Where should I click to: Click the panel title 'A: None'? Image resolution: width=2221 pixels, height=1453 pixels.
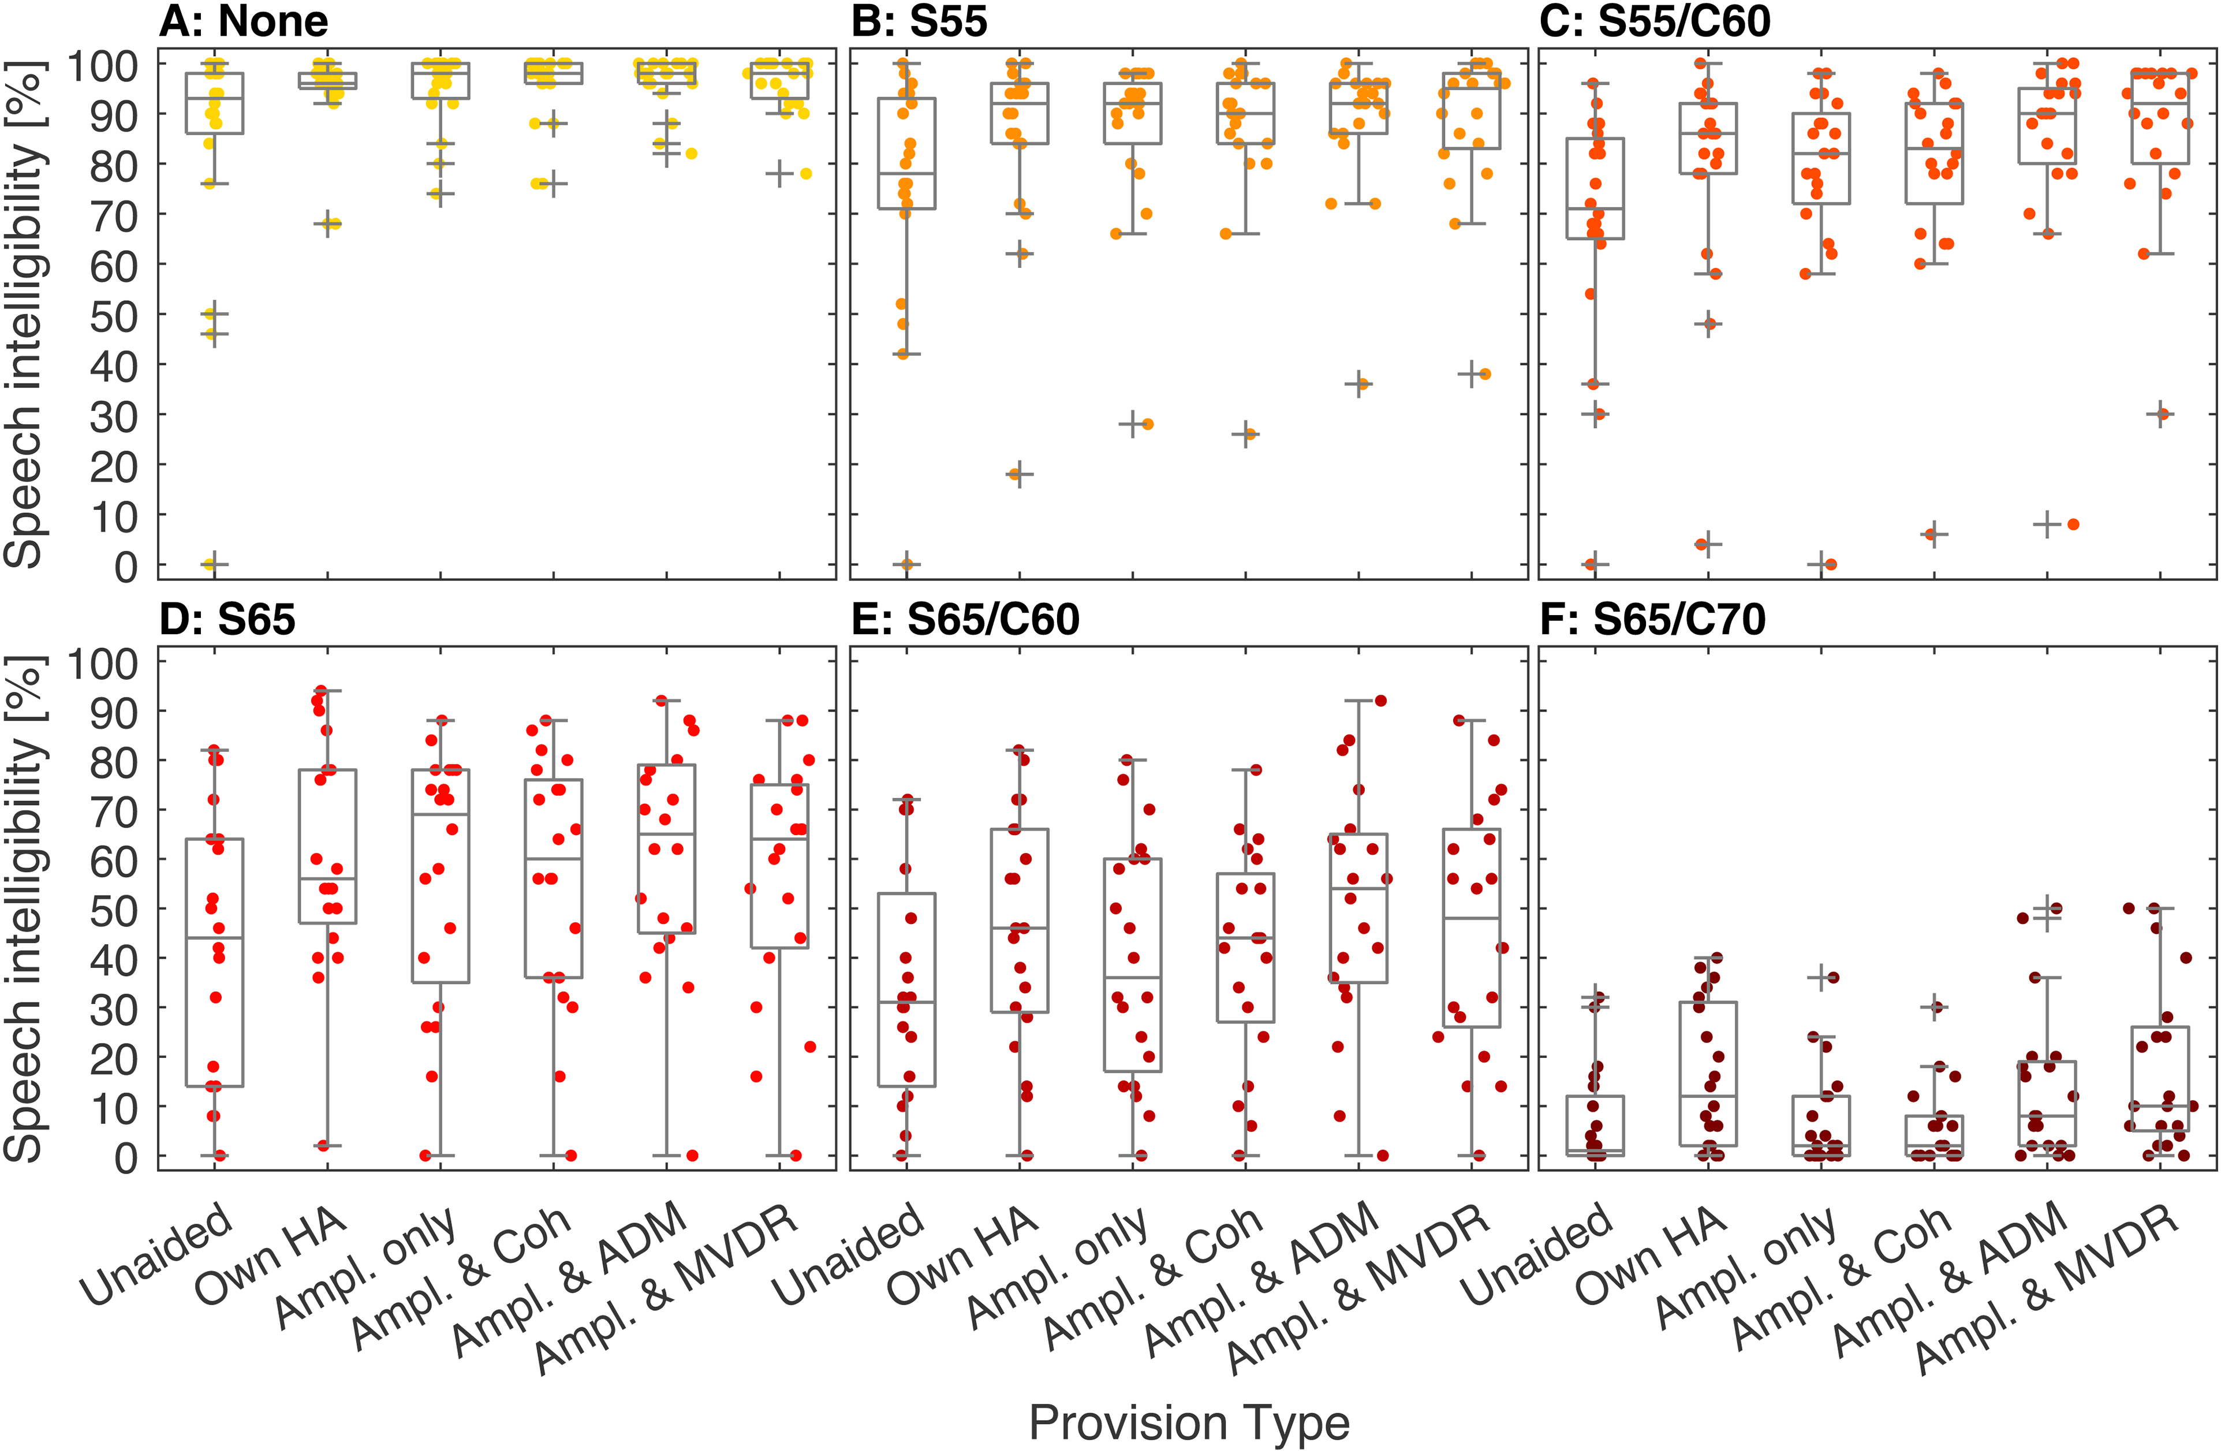(244, 21)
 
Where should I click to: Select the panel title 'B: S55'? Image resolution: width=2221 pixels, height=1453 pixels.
(919, 21)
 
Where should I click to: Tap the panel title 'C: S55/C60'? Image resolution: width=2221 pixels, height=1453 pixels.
(1655, 21)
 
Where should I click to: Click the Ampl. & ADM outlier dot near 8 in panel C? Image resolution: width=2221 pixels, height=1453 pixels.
(2073, 524)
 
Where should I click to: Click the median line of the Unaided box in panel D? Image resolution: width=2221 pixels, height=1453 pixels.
(215, 938)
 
